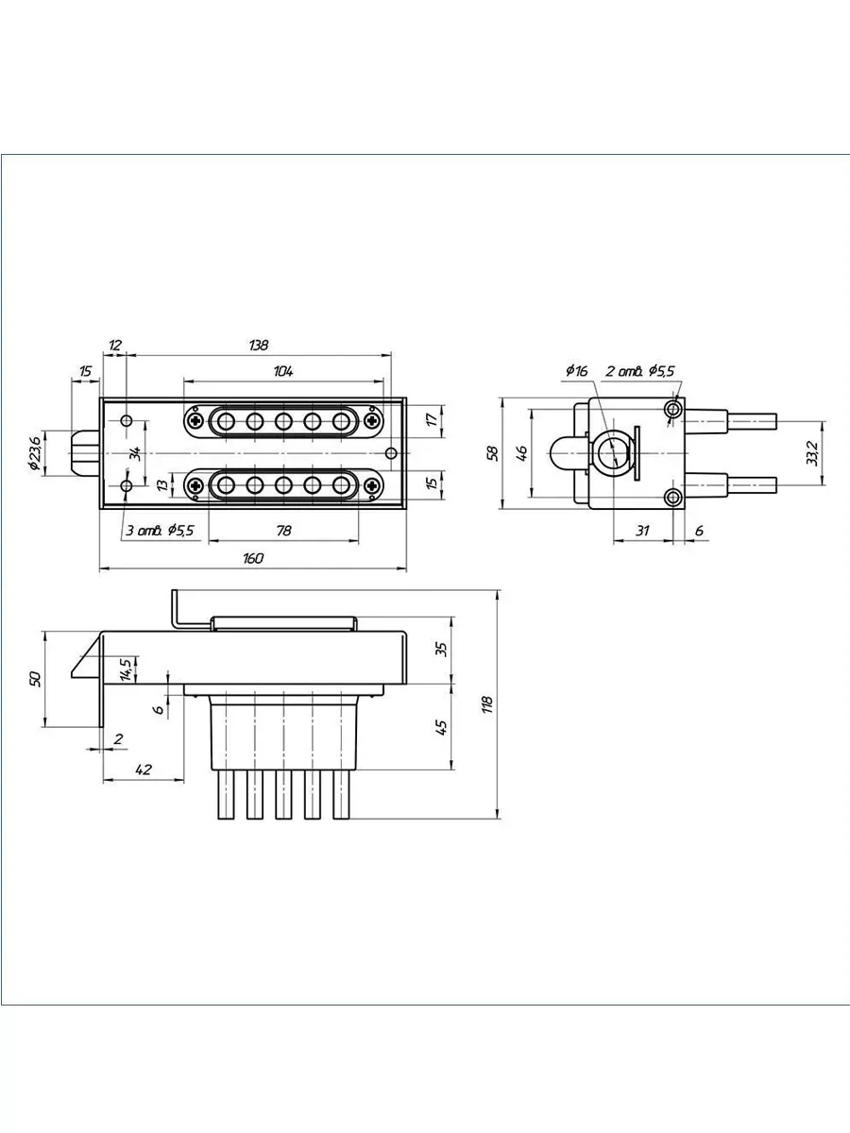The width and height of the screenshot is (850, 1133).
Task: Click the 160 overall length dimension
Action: [x=253, y=558]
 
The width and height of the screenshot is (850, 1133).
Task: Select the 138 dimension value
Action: [x=259, y=345]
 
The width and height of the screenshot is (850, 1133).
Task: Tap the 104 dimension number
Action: [x=283, y=371]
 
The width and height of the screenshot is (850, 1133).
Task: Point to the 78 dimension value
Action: [x=284, y=531]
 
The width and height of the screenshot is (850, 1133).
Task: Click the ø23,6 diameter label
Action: [x=35, y=453]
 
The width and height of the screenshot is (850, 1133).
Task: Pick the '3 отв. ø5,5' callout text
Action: [x=160, y=531]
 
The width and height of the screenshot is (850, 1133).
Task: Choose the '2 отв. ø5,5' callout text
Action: [x=640, y=371]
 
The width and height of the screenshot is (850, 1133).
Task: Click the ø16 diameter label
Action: [x=576, y=371]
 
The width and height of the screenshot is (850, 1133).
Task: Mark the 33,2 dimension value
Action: [x=812, y=453]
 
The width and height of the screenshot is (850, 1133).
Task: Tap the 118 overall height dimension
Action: [x=487, y=704]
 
